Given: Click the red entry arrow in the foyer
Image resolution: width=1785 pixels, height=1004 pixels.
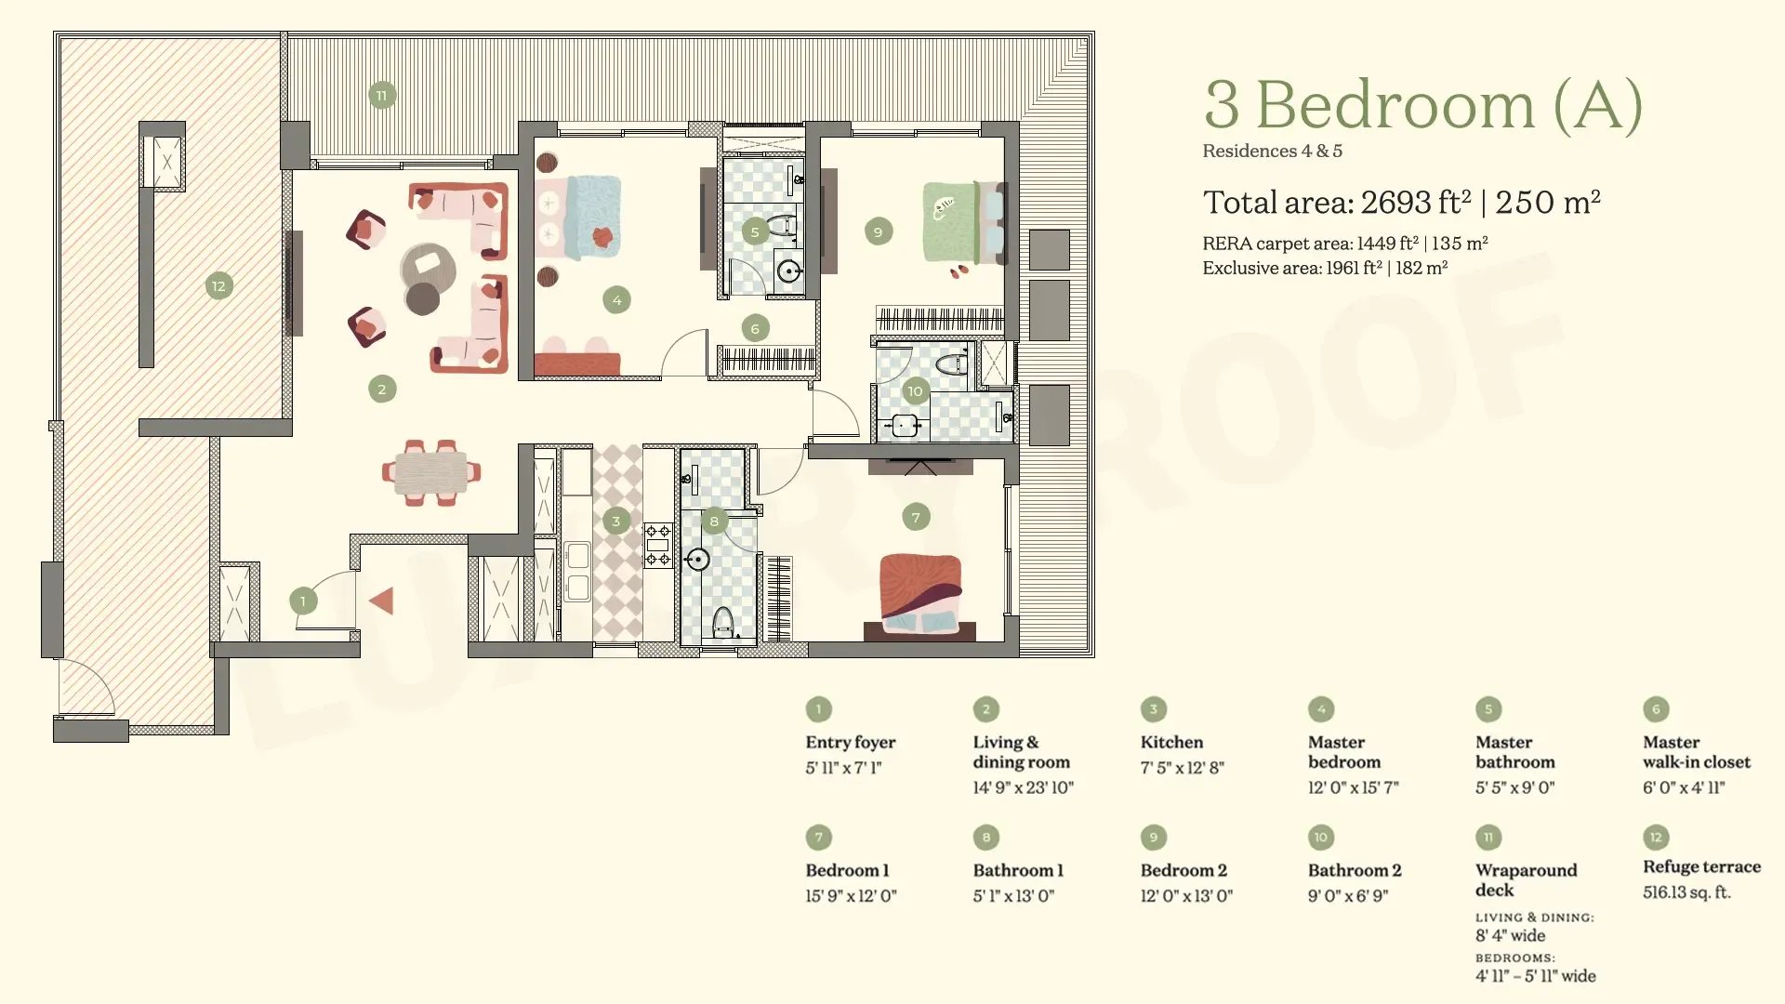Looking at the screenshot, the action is [x=382, y=601].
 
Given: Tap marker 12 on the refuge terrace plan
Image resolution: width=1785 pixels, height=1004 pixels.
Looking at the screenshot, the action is [x=218, y=286].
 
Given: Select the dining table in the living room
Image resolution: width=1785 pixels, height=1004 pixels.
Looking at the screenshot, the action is [x=430, y=472].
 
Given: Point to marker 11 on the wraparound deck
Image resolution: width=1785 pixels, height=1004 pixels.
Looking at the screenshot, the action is [x=382, y=95].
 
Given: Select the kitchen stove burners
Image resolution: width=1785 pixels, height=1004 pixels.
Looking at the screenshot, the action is [x=658, y=546].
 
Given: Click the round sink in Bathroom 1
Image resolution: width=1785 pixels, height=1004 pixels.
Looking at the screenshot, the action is [x=697, y=560].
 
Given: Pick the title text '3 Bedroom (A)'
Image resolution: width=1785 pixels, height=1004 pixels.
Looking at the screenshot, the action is [x=1423, y=104].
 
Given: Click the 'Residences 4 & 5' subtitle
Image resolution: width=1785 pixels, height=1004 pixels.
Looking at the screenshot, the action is [x=1272, y=151].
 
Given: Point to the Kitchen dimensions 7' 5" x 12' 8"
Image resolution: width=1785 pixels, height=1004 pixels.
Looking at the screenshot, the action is [x=1183, y=768].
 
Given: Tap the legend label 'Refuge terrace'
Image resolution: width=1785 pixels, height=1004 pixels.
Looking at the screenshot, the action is [x=1701, y=866].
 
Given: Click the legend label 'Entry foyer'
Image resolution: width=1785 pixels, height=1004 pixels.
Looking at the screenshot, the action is [x=851, y=742].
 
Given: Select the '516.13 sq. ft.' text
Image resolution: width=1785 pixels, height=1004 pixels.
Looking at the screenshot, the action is [x=1686, y=892].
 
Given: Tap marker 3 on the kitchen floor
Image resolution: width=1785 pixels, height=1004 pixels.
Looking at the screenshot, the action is [x=615, y=521].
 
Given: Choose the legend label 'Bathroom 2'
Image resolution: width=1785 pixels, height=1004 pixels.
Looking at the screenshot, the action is [x=1355, y=870].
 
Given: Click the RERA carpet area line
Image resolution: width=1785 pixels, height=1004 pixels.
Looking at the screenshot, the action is [x=1345, y=244].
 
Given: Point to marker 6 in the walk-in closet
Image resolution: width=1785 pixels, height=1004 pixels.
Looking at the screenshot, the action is [x=755, y=328].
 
